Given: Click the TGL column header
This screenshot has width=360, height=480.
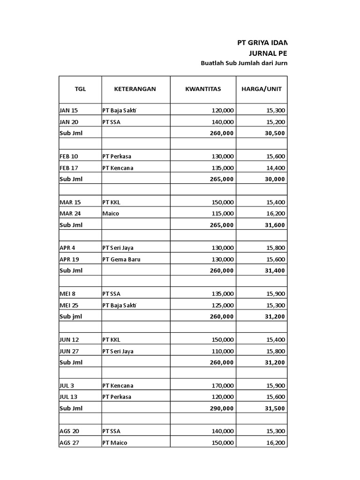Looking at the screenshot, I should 80,89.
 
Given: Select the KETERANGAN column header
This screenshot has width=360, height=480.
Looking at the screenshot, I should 135,89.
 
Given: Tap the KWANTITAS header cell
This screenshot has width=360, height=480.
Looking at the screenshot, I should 202,89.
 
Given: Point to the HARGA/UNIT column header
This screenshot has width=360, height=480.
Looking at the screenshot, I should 261,89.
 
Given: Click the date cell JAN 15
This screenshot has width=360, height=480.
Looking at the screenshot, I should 69,111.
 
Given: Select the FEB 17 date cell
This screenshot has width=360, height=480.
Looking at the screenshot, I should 69,168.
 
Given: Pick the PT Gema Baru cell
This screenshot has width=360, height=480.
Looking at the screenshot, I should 121,259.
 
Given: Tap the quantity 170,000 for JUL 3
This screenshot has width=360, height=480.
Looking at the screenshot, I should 223,386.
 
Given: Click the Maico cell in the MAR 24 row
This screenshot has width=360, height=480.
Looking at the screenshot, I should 111,213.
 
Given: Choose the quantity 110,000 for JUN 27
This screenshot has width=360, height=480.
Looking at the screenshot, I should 223,351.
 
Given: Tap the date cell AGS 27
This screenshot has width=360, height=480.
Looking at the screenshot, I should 70,442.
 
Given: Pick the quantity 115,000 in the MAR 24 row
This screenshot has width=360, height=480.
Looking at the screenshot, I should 223,213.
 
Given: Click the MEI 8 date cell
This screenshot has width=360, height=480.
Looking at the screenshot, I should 67,294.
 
